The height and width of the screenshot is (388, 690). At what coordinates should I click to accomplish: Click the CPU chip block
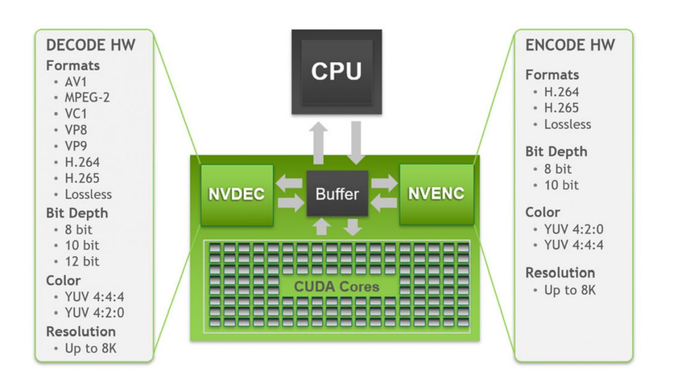click(x=337, y=72)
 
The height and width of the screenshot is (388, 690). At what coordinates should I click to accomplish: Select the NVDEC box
click(x=237, y=195)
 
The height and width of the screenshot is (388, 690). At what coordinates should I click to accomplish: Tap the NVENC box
click(x=437, y=194)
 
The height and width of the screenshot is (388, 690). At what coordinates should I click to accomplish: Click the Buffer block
click(x=337, y=193)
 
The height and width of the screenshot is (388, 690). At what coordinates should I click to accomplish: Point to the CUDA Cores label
click(x=336, y=287)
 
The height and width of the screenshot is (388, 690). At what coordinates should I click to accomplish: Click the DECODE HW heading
click(x=91, y=45)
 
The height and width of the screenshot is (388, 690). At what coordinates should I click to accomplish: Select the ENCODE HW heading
click(x=570, y=45)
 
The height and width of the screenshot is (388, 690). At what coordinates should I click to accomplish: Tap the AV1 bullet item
click(x=76, y=82)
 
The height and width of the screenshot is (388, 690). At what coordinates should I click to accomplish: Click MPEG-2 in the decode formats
click(x=87, y=98)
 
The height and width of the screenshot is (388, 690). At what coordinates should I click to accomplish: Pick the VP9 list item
click(x=76, y=145)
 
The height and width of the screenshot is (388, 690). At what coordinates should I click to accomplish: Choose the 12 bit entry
click(x=82, y=261)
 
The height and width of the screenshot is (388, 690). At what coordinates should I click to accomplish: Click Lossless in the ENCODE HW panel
click(x=568, y=124)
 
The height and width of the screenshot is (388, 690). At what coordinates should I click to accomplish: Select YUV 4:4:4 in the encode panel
click(x=574, y=245)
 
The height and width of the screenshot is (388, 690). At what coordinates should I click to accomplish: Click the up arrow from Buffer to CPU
click(x=318, y=143)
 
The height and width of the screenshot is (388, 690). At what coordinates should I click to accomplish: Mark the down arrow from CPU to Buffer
click(x=356, y=143)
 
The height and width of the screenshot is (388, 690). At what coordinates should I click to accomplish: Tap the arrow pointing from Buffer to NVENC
click(x=384, y=183)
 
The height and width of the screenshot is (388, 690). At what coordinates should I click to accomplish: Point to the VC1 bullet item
click(x=76, y=114)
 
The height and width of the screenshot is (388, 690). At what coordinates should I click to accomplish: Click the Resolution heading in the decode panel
click(x=81, y=331)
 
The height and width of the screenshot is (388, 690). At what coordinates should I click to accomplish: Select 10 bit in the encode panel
click(x=562, y=185)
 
